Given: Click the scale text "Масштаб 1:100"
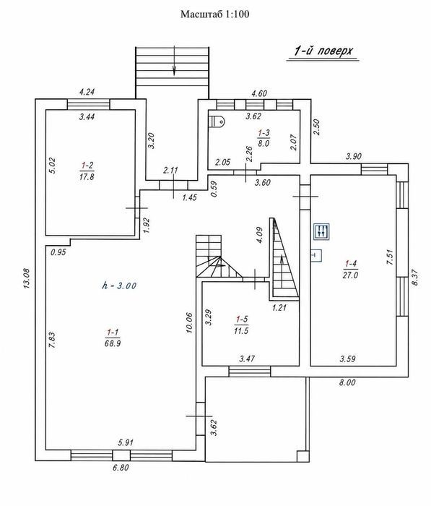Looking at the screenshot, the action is [214, 14].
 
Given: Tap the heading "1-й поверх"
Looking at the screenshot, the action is [323, 51].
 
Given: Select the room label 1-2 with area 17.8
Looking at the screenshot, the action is [87, 171].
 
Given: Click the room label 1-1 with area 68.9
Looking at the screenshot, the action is [113, 338].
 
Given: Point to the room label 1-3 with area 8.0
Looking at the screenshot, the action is [264, 138].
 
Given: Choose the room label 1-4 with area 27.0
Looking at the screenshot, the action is [350, 270].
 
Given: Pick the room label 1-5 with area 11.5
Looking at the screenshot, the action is [241, 325].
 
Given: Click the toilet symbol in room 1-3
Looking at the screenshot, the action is [217, 121].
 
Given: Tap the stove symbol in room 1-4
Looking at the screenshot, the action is [322, 232].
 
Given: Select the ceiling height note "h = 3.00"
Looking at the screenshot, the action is [119, 286].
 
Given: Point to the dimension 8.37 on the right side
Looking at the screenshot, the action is [415, 277].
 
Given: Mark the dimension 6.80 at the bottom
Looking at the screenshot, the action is [120, 467].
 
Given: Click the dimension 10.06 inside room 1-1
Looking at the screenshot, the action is [189, 322].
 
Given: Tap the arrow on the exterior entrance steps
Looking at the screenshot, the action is [174, 61].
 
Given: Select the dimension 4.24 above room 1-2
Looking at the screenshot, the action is [87, 92].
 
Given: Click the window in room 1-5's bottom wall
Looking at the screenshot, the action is [250, 372].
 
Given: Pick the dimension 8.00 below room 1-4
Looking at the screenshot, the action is [347, 382].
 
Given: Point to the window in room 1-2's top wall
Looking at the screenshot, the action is [88, 105].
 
